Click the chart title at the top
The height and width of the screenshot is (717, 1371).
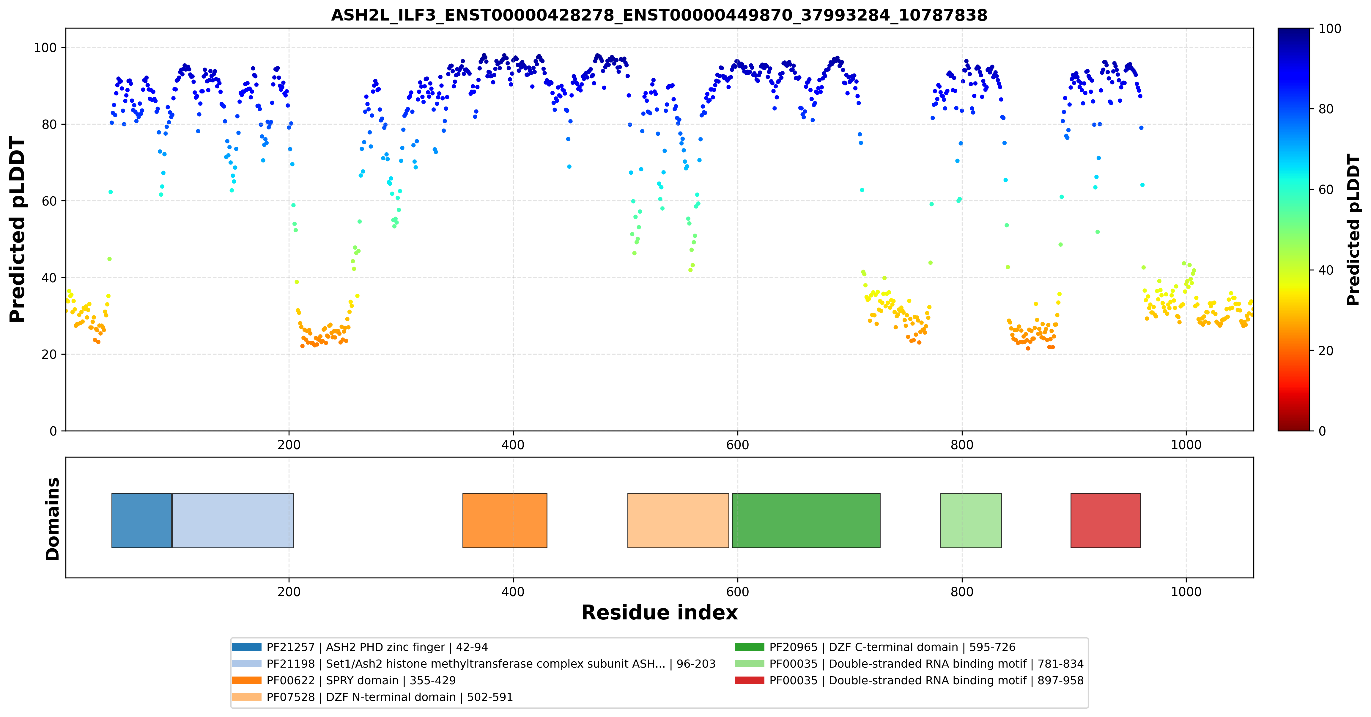pyautogui.click(x=659, y=15)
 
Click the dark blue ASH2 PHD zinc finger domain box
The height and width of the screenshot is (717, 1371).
pyautogui.click(x=141, y=520)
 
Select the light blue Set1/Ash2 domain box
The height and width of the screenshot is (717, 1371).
pyautogui.click(x=233, y=520)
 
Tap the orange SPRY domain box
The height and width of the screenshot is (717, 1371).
pyautogui.click(x=505, y=520)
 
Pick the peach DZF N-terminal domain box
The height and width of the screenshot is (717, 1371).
pyautogui.click(x=678, y=520)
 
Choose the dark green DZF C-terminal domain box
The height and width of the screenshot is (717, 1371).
pyautogui.click(x=806, y=520)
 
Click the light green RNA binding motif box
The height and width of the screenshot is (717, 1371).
pyautogui.click(x=971, y=520)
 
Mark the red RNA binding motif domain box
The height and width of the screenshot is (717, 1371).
pyautogui.click(x=1105, y=520)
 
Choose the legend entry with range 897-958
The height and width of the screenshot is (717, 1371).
pyautogui.click(x=909, y=680)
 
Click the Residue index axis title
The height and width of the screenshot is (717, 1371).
pyautogui.click(x=659, y=613)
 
